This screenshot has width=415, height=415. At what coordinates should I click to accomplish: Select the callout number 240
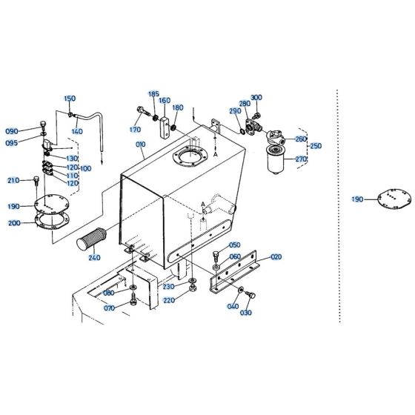(x=93, y=258)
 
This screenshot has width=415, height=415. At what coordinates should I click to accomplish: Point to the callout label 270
(x=300, y=159)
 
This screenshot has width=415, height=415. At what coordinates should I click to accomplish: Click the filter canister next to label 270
(x=281, y=159)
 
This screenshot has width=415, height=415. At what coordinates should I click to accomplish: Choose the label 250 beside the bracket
(x=316, y=146)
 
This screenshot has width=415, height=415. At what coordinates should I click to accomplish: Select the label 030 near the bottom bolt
(x=245, y=313)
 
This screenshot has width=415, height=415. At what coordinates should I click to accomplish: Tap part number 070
(x=109, y=308)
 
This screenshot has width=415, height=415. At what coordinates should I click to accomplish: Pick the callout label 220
(x=169, y=300)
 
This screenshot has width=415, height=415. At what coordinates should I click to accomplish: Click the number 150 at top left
(x=69, y=99)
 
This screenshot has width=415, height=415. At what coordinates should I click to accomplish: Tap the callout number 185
(x=154, y=94)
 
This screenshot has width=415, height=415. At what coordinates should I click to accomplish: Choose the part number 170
(x=135, y=130)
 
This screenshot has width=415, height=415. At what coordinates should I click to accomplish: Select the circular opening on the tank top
(x=187, y=158)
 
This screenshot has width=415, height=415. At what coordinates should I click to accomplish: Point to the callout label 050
(x=234, y=245)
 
